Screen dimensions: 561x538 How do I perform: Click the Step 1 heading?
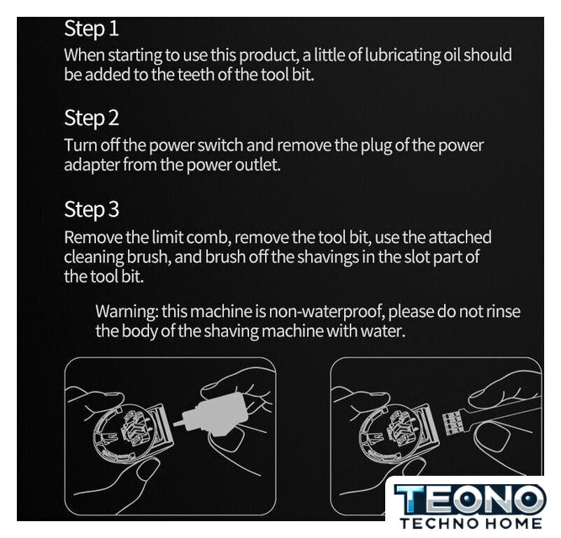click(x=91, y=29)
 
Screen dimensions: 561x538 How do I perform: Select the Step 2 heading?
click(x=91, y=118)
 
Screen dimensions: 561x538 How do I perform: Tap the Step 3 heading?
click(x=91, y=209)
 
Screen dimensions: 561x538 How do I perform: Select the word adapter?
click(x=92, y=166)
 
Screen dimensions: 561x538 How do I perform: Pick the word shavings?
click(x=328, y=257)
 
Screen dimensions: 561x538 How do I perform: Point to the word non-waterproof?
click(x=326, y=312)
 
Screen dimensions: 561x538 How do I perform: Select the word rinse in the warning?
click(x=503, y=311)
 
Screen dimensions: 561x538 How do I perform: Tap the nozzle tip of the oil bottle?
click(x=175, y=424)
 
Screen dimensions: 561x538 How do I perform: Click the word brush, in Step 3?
click(x=147, y=257)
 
